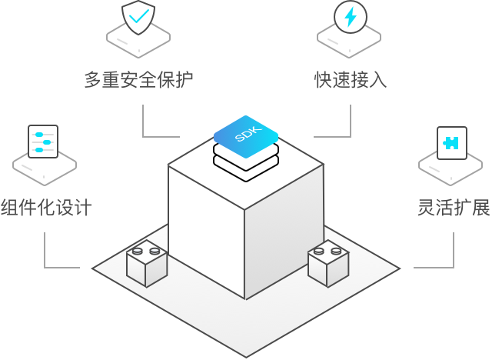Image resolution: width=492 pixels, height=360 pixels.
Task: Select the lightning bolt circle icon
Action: click(350, 17)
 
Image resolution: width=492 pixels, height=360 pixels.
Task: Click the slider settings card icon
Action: click(43, 142)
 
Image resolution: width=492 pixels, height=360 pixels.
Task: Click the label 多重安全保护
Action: click(138, 79)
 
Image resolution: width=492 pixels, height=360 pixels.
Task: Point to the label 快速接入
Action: click(350, 79)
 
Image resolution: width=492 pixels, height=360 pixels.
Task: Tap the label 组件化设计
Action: click(46, 207)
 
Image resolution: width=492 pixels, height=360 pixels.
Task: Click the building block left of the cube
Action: click(147, 264)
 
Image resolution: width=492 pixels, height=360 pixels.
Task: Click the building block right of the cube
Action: click(328, 264)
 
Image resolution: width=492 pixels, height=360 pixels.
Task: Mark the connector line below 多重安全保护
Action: click(145, 123)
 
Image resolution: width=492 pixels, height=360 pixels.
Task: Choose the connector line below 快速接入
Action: click(350, 123)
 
